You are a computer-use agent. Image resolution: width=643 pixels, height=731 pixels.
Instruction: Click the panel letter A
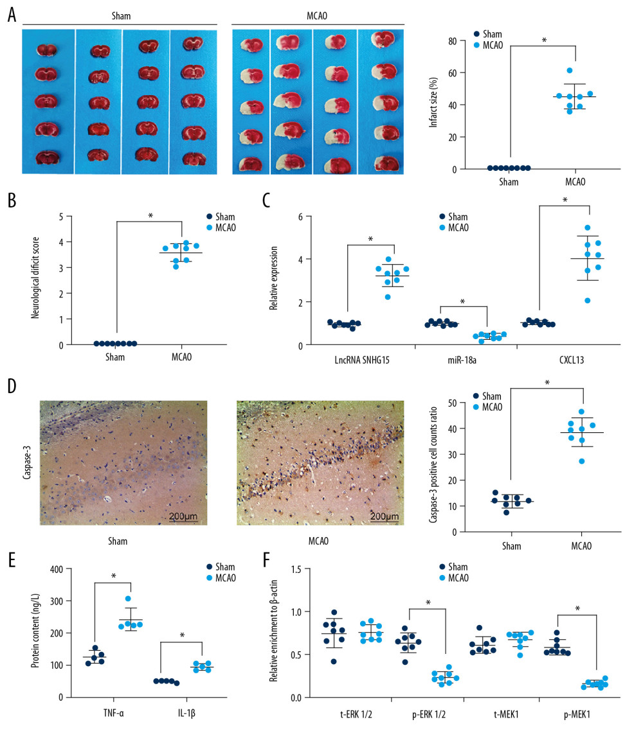[x=11, y=15]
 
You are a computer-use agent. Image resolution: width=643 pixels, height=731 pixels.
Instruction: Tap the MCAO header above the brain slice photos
[x=318, y=14]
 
